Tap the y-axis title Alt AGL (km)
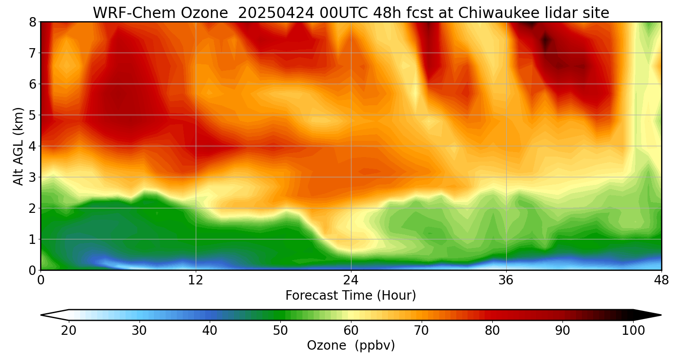(18, 146)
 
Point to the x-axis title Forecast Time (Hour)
(351, 296)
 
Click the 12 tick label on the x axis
(196, 280)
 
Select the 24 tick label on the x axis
(351, 280)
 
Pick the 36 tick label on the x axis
(506, 280)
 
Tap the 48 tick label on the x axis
(661, 280)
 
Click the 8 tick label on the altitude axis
(32, 22)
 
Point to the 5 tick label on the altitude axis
(32, 115)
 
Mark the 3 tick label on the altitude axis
(32, 177)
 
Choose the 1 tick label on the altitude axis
(32, 239)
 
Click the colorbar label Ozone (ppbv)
(351, 346)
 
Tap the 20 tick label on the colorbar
(68, 331)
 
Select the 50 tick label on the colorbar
(280, 331)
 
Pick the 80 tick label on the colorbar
(492, 331)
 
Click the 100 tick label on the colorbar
(633, 331)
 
